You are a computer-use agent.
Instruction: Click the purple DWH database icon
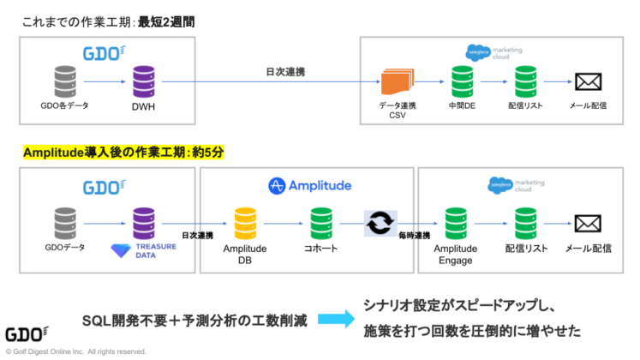click(x=142, y=82)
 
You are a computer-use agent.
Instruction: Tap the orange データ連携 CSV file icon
click(x=397, y=82)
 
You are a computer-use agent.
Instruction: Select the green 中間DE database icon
click(x=463, y=82)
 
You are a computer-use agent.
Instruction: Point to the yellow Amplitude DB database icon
click(x=245, y=224)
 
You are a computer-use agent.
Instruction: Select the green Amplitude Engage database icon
click(x=454, y=224)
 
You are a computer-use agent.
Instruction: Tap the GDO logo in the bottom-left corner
click(x=27, y=334)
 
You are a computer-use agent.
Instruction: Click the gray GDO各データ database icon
click(x=64, y=82)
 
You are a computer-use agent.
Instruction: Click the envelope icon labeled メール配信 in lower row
click(x=588, y=224)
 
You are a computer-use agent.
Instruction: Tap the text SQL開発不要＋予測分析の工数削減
click(x=194, y=320)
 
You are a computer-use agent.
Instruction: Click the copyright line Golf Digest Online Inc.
click(x=76, y=351)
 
